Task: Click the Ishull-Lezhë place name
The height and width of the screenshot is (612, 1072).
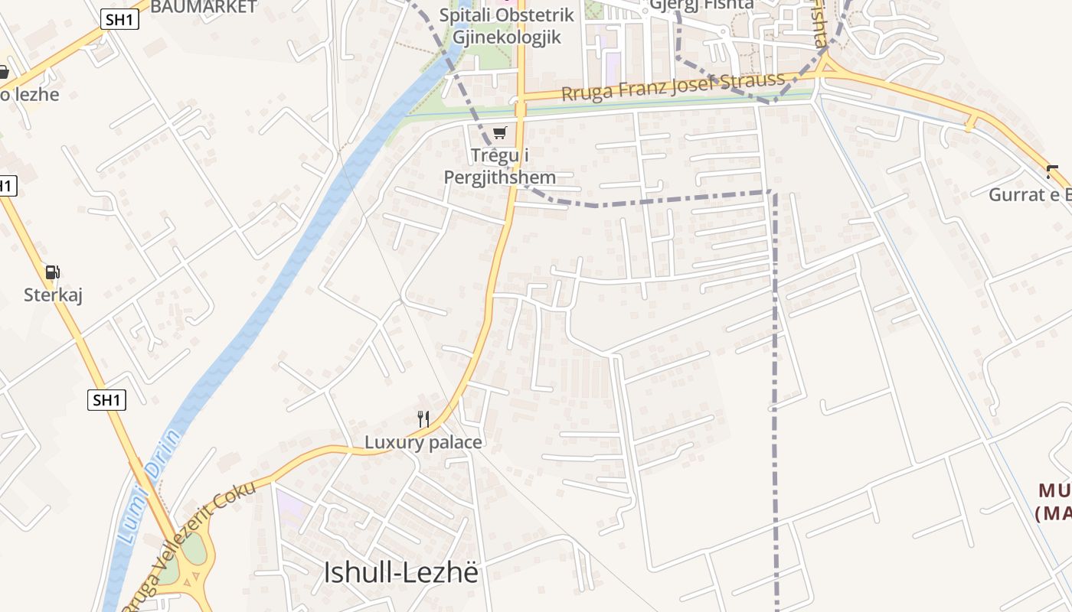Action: click(x=400, y=572)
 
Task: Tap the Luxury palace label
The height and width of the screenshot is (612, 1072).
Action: click(x=423, y=442)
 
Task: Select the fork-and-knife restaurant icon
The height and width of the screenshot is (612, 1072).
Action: click(x=423, y=418)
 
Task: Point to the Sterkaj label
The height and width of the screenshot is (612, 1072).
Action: click(x=53, y=295)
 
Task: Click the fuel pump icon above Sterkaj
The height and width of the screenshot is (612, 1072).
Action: click(x=52, y=272)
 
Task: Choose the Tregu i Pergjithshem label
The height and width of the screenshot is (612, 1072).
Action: click(x=500, y=166)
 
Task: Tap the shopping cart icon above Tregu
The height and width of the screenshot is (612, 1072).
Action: click(x=500, y=132)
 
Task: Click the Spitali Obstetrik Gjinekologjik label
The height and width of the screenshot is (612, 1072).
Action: click(x=506, y=26)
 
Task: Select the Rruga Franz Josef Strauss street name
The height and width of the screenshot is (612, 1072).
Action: click(x=673, y=86)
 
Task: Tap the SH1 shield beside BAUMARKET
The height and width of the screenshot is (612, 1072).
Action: click(x=119, y=19)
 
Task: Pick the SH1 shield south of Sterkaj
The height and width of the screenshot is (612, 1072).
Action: click(x=106, y=399)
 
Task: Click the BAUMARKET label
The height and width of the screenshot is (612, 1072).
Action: click(x=203, y=7)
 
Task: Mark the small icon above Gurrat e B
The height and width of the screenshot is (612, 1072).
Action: click(x=1053, y=171)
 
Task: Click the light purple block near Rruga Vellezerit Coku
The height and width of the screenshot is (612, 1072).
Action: click(x=290, y=505)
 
